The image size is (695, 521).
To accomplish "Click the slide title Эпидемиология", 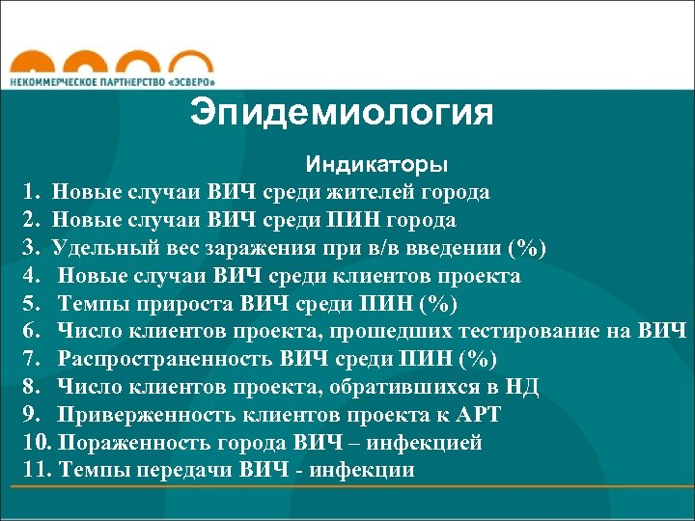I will [342, 113].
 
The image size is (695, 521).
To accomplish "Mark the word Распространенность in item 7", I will [164, 360].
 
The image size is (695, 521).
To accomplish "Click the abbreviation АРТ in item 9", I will [478, 416].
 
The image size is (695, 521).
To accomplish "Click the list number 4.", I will [32, 276].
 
